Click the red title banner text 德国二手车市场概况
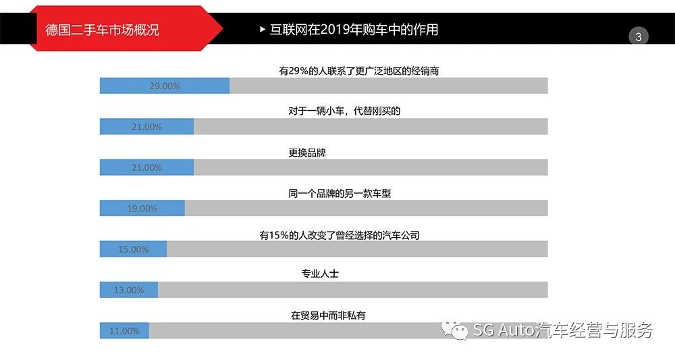tap(102, 30)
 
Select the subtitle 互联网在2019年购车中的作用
tap(354, 30)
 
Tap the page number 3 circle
tap(638, 37)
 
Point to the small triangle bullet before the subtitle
tap(263, 30)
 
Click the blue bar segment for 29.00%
tap(165, 86)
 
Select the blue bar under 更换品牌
tap(146, 168)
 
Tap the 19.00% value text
tap(142, 209)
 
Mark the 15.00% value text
tap(133, 249)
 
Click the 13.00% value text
tap(129, 290)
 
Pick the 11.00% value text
tap(124, 331)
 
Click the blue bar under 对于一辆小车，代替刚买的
tap(146, 127)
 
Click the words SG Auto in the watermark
tap(504, 330)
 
